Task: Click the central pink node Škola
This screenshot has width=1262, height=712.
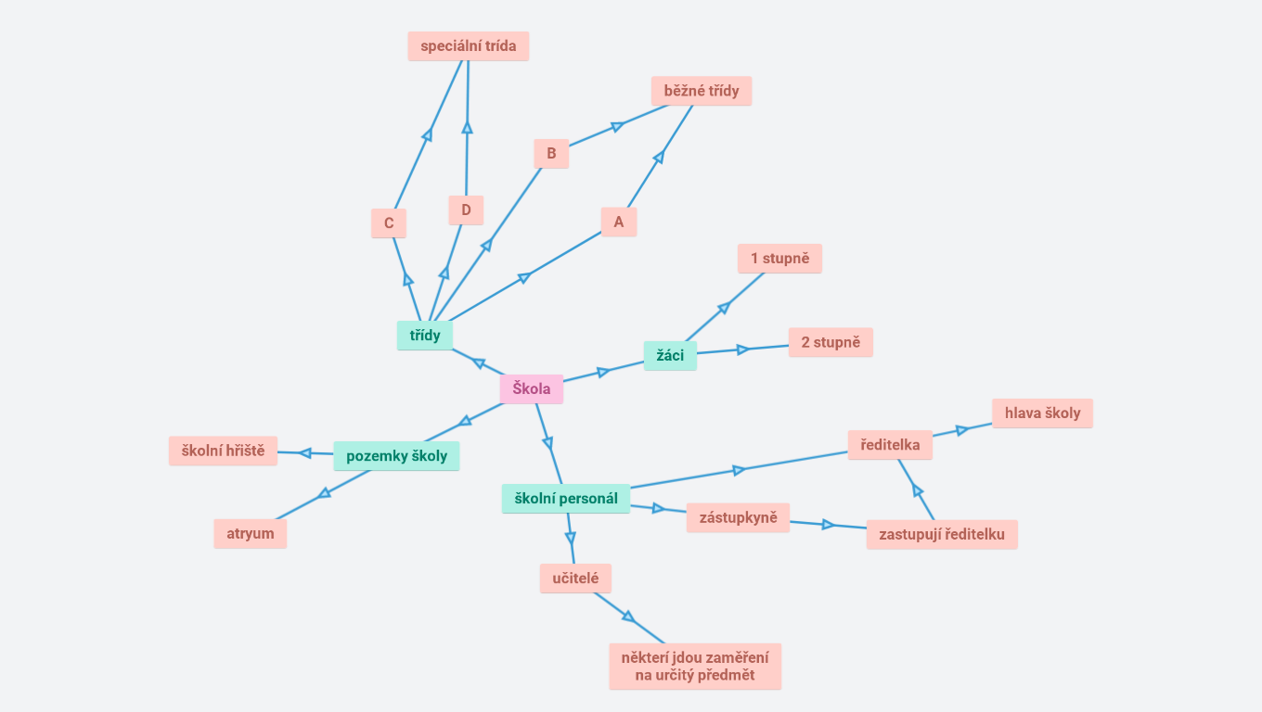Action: [x=532, y=389]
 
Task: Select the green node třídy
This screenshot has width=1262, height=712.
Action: [x=425, y=336]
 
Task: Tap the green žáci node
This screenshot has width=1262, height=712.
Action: [x=670, y=356]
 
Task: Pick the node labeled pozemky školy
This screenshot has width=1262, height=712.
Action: [x=396, y=456]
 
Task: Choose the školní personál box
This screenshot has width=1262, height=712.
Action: [x=566, y=499]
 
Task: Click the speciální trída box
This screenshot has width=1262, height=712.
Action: [x=469, y=46]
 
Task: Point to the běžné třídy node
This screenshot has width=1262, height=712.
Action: [x=702, y=91]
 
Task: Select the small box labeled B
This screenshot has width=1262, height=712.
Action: [x=551, y=154]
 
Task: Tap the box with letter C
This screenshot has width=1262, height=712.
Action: [x=389, y=223]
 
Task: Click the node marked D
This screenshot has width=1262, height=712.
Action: [x=466, y=210]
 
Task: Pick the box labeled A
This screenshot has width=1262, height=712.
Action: [x=619, y=222]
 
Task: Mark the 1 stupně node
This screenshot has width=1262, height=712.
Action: [x=780, y=259]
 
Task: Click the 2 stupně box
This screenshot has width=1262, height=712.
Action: [x=831, y=342]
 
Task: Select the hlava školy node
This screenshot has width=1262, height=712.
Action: [x=1042, y=413]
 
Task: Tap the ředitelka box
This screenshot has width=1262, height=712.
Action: [x=890, y=445]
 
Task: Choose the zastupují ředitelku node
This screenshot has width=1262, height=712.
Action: [x=942, y=535]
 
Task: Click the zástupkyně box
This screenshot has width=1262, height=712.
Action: [x=738, y=517]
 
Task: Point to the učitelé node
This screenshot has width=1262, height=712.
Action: [x=575, y=578]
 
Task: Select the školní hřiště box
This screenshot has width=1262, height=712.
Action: [x=223, y=451]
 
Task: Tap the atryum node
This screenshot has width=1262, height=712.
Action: [x=251, y=534]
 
